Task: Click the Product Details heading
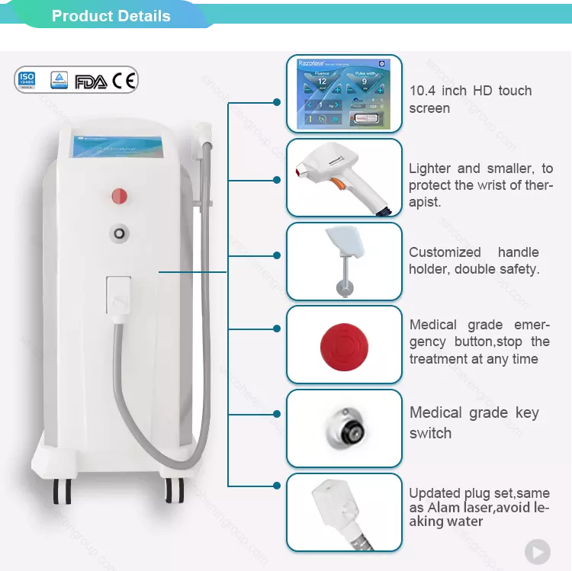coord(111,16)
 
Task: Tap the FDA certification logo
coord(92,80)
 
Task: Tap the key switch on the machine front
coord(120,231)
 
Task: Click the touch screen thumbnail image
coord(343,95)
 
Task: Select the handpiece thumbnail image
coord(343,178)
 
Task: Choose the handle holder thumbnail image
coord(343,261)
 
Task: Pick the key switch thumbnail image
coord(344,427)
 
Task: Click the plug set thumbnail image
coord(343,512)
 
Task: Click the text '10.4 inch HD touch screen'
coord(470,99)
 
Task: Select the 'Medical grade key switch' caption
coord(474,422)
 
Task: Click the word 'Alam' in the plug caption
coord(447,507)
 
